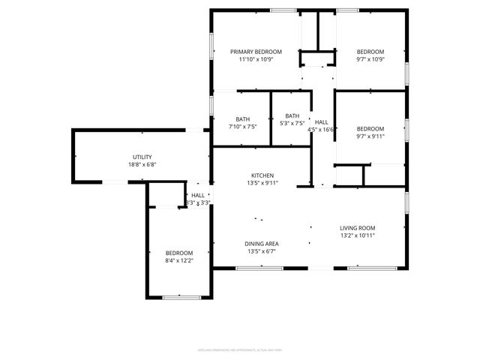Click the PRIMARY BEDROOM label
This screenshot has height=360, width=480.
256,52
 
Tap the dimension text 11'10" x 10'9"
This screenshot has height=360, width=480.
256,59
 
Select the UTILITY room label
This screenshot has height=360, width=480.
142,157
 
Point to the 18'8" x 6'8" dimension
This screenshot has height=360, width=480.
142,164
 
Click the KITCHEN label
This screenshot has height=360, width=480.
262,175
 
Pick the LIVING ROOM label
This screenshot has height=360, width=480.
357,228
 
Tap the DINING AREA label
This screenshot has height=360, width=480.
262,244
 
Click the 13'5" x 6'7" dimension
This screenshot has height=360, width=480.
262,251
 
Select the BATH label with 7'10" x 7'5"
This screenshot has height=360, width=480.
243,119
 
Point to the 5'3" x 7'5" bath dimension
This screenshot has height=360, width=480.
292,123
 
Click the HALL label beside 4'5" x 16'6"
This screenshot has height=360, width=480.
321,122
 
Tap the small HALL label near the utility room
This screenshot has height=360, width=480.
197,195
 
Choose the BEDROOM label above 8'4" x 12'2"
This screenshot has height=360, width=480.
179,253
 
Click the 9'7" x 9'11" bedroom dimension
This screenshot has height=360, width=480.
370,136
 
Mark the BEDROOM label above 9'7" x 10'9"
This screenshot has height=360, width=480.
370,52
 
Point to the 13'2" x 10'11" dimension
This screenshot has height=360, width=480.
357,235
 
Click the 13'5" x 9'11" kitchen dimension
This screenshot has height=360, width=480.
262,183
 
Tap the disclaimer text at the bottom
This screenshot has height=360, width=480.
240,349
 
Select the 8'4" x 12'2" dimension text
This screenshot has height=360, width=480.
179,260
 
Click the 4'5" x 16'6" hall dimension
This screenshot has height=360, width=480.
321,130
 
